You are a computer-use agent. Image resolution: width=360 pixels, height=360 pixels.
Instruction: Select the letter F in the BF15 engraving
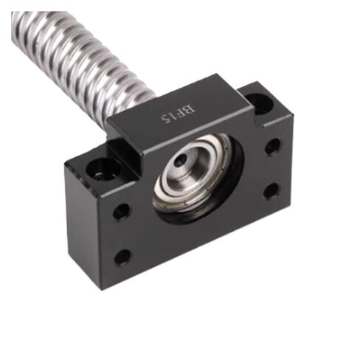pyautogui.click(x=183, y=113)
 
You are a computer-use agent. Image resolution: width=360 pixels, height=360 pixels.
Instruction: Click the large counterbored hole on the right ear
pyautogui.click(x=258, y=104)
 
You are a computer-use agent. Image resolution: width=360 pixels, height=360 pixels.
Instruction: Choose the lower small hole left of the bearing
pyautogui.click(x=122, y=257)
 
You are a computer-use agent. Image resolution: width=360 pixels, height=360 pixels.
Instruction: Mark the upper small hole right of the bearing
pyautogui.click(x=272, y=146)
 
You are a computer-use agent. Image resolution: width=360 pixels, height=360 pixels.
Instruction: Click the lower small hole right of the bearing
pyautogui.click(x=271, y=191)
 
